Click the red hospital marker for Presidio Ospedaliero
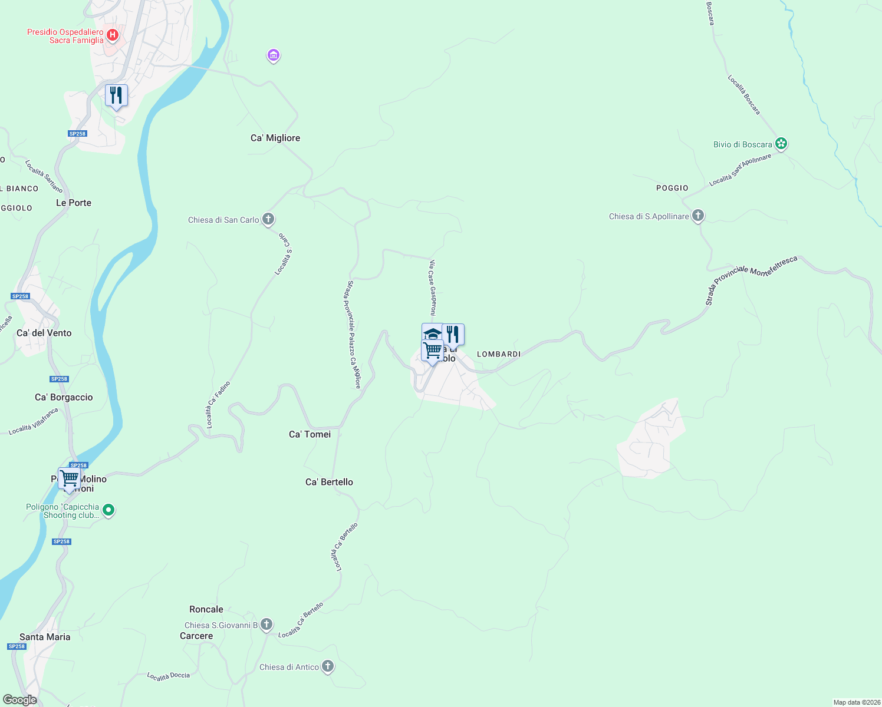(x=112, y=35)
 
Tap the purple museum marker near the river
(x=273, y=55)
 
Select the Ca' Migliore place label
(x=275, y=138)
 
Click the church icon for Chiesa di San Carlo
(x=268, y=219)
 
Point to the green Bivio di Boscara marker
(x=781, y=143)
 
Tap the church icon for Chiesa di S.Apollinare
(x=698, y=216)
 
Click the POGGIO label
(x=672, y=188)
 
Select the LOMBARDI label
(x=499, y=354)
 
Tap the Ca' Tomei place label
(x=310, y=434)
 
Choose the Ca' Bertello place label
(x=329, y=482)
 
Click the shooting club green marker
(x=108, y=510)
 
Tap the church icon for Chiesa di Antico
(x=328, y=666)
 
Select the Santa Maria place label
(x=45, y=637)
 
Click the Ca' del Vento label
(x=44, y=333)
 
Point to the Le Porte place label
(x=74, y=203)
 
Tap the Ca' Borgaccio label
(x=64, y=397)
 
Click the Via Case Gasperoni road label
(x=432, y=288)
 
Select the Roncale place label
(x=206, y=609)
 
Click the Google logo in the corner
(x=20, y=700)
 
